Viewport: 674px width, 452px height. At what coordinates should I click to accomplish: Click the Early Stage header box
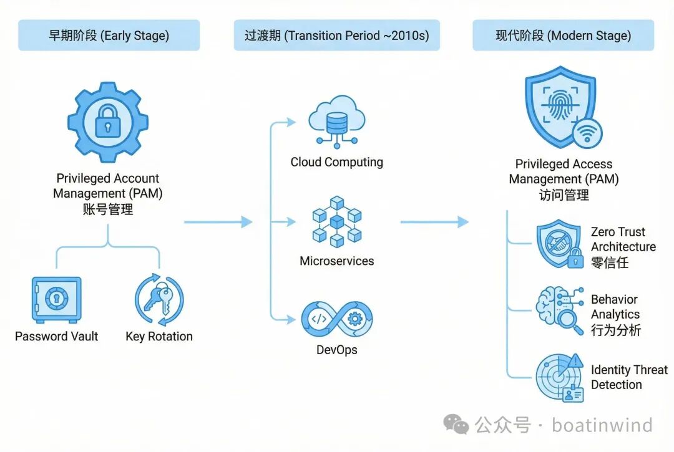(109, 36)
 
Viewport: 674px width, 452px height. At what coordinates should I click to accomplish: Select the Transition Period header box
(336, 36)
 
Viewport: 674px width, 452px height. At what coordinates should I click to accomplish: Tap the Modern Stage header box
(563, 36)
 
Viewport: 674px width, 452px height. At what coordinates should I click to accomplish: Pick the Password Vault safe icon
(56, 300)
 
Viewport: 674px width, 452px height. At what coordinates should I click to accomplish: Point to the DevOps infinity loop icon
(337, 319)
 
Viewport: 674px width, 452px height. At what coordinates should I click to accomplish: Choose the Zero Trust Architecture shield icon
(559, 244)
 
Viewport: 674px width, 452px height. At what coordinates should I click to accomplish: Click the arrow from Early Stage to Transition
(218, 222)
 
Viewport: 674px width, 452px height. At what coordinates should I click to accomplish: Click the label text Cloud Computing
(337, 162)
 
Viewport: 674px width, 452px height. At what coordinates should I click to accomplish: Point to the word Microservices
(337, 261)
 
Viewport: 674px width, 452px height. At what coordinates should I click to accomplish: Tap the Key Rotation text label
(159, 337)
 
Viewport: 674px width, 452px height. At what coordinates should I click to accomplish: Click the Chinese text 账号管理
(108, 209)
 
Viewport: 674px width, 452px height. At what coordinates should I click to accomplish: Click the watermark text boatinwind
(602, 425)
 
